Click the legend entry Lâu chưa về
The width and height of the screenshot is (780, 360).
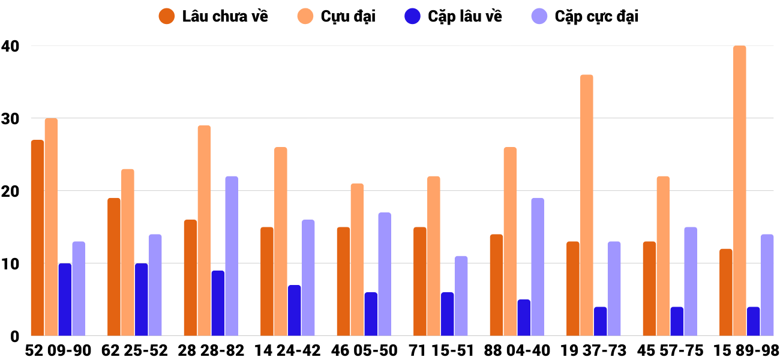pyautogui.click(x=213, y=16)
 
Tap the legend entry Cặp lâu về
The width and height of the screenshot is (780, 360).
pyautogui.click(x=453, y=16)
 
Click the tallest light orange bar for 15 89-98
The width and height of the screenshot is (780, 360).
pyautogui.click(x=739, y=191)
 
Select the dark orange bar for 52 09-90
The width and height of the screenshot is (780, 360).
pyautogui.click(x=37, y=238)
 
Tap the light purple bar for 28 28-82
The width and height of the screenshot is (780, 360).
pyautogui.click(x=232, y=256)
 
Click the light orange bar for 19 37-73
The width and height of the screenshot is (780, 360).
pyautogui.click(x=586, y=205)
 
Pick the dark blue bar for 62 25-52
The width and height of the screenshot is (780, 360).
pyautogui.click(x=141, y=299)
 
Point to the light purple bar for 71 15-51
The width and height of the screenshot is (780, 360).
pyautogui.click(x=461, y=296)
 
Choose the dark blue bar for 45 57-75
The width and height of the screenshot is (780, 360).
pyautogui.click(x=677, y=321)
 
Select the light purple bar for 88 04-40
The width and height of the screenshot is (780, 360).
pyautogui.click(x=538, y=267)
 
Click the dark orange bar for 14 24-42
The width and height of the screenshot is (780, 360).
pyautogui.click(x=267, y=281)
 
